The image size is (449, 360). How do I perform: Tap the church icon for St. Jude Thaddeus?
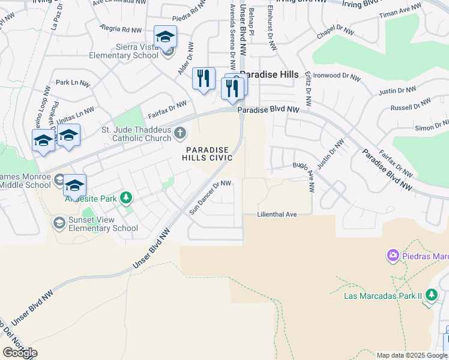tap(179, 133)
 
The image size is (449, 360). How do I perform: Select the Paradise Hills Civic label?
tap(208, 154)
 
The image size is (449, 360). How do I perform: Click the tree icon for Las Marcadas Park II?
tap(431, 295)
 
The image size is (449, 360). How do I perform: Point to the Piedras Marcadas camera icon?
tap(393, 256)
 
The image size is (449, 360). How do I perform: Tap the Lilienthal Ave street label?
tap(277, 214)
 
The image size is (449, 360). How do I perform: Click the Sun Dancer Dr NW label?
tap(210, 197)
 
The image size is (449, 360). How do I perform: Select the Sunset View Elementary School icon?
tap(59, 223)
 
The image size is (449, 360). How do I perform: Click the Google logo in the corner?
tap(20, 352)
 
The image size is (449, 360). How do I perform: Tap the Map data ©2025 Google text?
tap(412, 355)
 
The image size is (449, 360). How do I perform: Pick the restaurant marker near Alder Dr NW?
tap(203, 78)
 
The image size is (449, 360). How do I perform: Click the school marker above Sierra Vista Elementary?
tap(165, 37)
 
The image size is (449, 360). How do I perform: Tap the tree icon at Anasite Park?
tap(126, 197)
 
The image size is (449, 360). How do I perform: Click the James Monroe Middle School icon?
tap(59, 179)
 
